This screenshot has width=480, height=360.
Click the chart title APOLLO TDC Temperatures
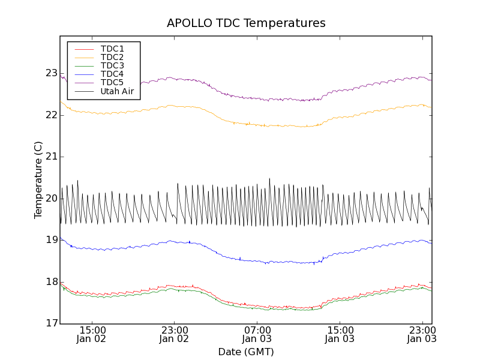[246, 23]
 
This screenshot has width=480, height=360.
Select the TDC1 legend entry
[112, 49]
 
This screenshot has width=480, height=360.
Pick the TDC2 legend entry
[112, 57]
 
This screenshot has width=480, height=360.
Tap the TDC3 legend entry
[112, 65]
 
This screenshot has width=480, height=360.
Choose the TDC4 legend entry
[112, 74]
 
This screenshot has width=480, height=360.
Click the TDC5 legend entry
[112, 82]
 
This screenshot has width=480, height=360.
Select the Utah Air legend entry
[117, 92]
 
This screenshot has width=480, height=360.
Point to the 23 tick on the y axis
[52, 73]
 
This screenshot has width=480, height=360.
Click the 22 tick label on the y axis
[52, 115]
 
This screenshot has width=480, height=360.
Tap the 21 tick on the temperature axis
[52, 157]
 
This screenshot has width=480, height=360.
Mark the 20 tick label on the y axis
[52, 199]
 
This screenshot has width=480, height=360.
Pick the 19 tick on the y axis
[52, 240]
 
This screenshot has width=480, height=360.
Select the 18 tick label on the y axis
[52, 282]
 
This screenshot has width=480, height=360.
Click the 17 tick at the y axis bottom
[52, 323]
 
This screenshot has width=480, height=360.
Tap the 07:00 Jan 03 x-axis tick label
[257, 334]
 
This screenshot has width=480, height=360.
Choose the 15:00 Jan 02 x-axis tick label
[92, 334]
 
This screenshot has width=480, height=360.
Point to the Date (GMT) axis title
[246, 352]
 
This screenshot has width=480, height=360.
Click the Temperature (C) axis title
[38, 180]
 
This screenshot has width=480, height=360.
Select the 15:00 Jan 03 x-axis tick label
[340, 334]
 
